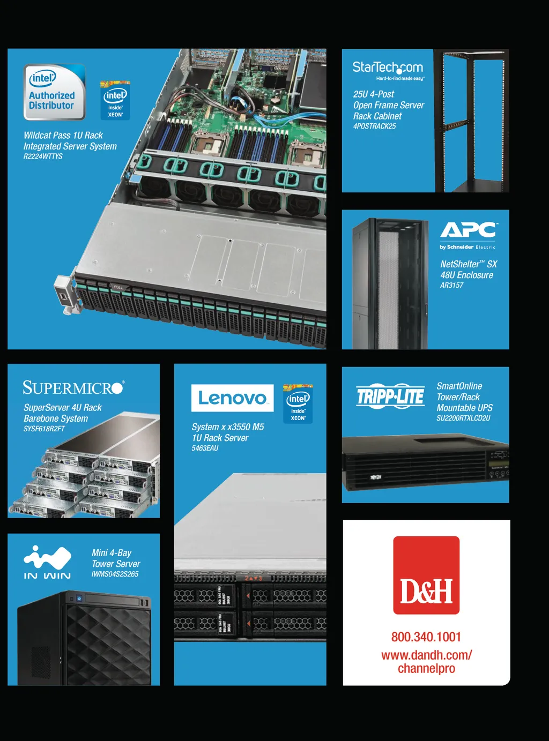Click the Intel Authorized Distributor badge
[54, 92]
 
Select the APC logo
[469, 230]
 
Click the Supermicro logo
[73, 387]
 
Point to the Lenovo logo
[232, 398]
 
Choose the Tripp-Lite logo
[390, 396]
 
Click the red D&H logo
[426, 575]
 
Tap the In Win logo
[47, 562]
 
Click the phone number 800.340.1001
[426, 637]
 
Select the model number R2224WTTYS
[43, 156]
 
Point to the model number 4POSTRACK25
[374, 126]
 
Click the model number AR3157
[451, 286]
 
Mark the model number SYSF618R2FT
[44, 429]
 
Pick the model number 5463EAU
[205, 448]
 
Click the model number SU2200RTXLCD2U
[463, 418]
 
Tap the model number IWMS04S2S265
[115, 574]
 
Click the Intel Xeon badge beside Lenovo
[298, 404]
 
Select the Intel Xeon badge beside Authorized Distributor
[115, 100]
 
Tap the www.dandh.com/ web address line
[426, 655]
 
